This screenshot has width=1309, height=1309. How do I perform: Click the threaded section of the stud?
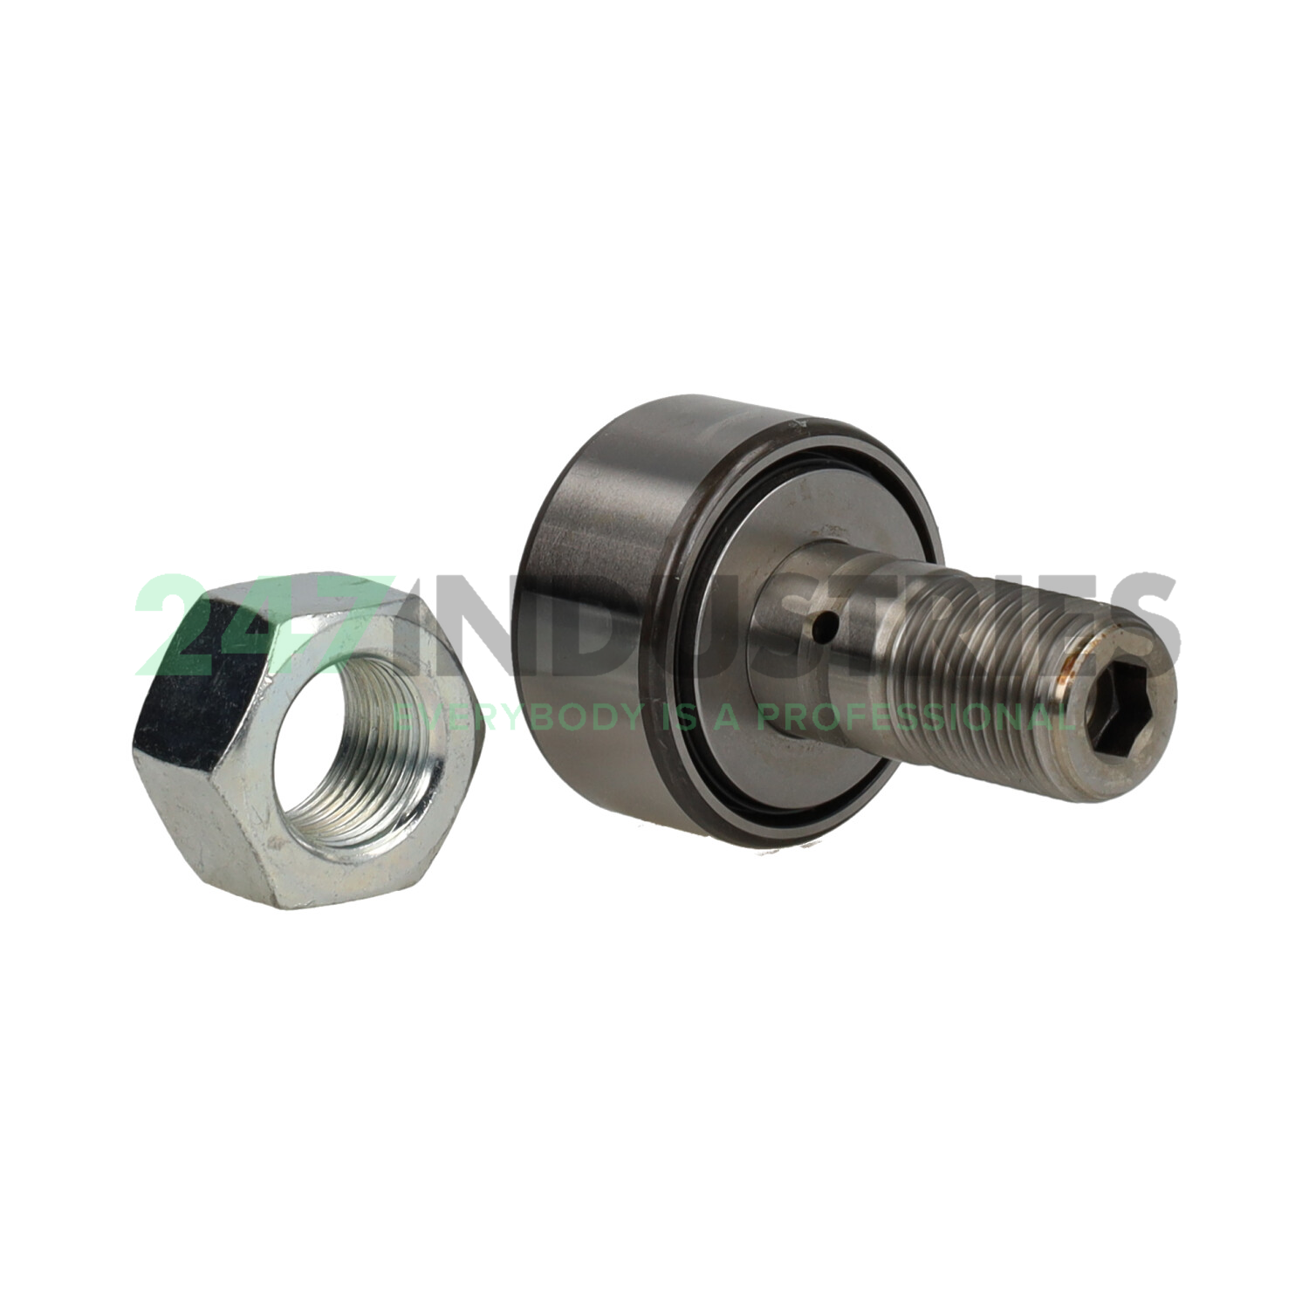(960, 663)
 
